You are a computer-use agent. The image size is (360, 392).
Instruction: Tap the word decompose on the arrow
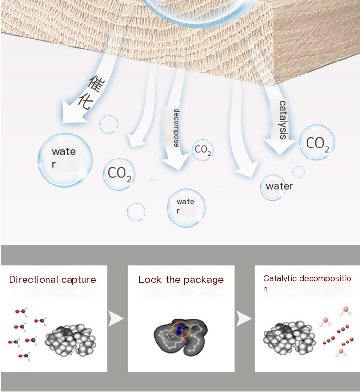176,128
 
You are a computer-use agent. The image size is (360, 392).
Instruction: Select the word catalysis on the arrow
283,120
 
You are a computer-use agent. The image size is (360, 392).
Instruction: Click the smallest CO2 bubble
202,150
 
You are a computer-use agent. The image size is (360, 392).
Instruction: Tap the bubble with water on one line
279,186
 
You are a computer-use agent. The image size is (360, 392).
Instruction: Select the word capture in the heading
79,280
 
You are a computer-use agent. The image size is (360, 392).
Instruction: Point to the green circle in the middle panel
181,330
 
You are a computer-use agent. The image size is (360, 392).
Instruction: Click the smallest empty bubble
299,172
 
